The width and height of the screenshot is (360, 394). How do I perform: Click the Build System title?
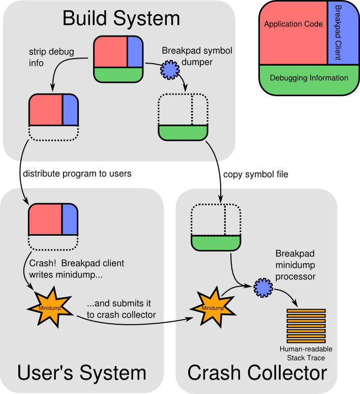121,19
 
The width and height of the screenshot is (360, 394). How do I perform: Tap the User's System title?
82,373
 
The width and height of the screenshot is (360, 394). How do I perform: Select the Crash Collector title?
257,373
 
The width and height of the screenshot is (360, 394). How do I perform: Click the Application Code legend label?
293,24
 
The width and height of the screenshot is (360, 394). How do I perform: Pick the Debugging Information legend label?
309,78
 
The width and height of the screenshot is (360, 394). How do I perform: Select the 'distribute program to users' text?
77,174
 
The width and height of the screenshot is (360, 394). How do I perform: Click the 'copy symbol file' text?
256,175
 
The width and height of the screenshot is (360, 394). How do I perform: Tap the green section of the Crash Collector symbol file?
216,242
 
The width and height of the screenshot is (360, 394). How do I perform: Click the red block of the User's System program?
45,219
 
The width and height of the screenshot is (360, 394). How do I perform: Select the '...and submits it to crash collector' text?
121,310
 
